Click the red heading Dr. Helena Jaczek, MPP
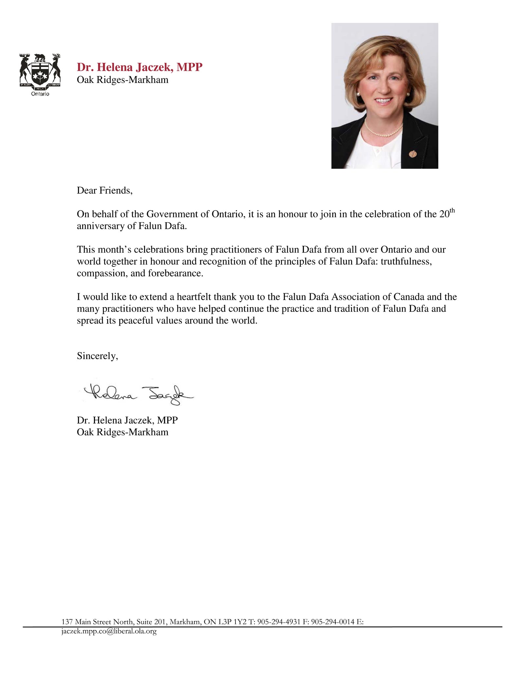coord(140,67)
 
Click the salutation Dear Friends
coord(104,191)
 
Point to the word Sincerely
coord(97,356)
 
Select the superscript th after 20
coord(452,211)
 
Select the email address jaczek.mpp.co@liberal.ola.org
coord(109,631)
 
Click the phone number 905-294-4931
coord(279,622)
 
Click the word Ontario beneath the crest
coord(40,94)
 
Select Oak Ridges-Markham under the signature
coord(122,432)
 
